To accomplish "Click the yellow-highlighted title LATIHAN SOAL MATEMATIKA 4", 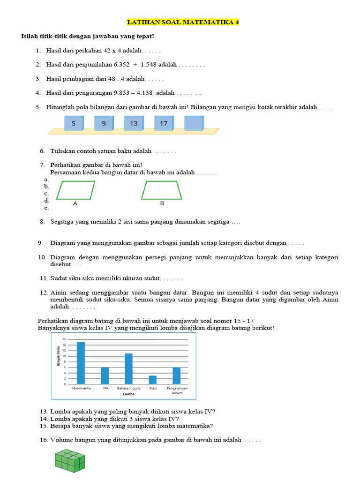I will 183,22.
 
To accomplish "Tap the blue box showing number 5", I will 74,124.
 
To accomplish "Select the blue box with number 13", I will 134,124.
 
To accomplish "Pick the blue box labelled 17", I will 164,124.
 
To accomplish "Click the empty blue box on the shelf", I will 194,124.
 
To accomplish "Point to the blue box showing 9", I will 104,124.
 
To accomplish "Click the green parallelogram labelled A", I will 75,190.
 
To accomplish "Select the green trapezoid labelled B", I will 162,190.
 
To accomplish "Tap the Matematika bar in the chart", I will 81,363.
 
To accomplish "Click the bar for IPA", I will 105,375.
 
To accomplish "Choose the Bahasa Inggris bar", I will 129,369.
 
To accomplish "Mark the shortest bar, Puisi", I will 153,380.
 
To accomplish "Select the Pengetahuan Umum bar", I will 177,375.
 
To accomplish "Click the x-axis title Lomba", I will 129,394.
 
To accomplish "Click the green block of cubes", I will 69,460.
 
